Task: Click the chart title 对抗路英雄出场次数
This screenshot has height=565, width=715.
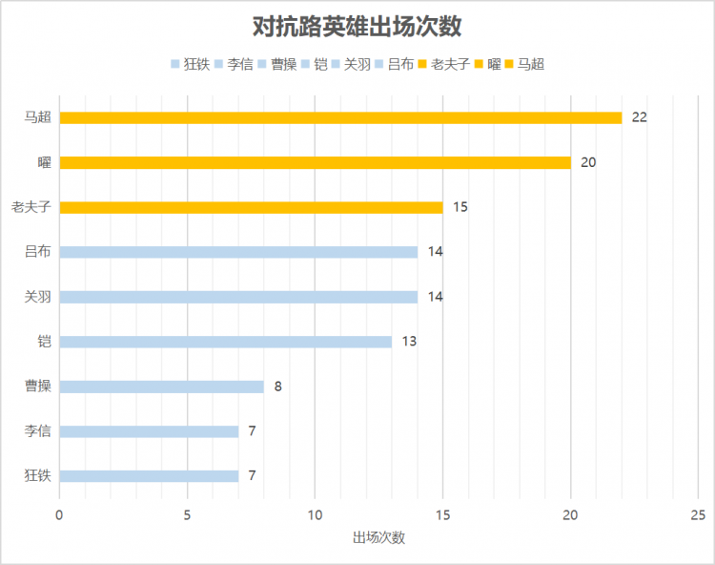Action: click(357, 26)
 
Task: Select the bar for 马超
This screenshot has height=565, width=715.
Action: click(340, 117)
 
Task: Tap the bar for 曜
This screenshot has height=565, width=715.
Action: click(315, 162)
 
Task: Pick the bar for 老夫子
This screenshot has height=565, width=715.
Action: click(251, 207)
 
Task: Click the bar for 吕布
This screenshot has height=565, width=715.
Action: click(238, 252)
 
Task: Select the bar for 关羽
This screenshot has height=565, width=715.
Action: click(238, 297)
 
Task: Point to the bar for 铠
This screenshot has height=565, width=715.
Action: click(225, 342)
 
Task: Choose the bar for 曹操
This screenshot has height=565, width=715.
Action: click(161, 387)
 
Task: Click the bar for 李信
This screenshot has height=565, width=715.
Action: click(149, 431)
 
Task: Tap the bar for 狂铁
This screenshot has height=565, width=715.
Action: click(149, 476)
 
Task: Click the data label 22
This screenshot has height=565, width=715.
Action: click(639, 117)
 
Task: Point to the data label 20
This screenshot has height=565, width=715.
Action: click(588, 162)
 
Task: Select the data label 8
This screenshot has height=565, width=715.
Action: click(277, 387)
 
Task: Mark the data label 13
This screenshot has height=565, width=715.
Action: click(409, 342)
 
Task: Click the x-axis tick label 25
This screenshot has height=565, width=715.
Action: click(698, 515)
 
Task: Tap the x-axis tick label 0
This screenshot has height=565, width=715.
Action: click(59, 515)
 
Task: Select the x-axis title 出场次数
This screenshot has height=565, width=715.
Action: click(378, 537)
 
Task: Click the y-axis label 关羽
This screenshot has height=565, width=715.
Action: click(38, 297)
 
